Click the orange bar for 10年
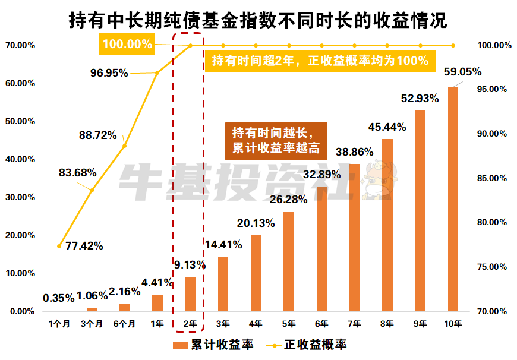tap(453, 199)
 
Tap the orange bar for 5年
tap(289, 261)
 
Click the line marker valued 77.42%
tap(59, 245)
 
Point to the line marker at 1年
tap(157, 72)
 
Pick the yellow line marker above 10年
tap(453, 45)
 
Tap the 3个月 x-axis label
tap(92, 323)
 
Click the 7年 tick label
tap(354, 323)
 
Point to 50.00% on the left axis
tap(20, 121)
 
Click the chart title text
tap(258, 21)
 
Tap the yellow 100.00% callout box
tap(127, 43)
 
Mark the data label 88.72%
tap(97, 135)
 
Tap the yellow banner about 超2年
tap(320, 60)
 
